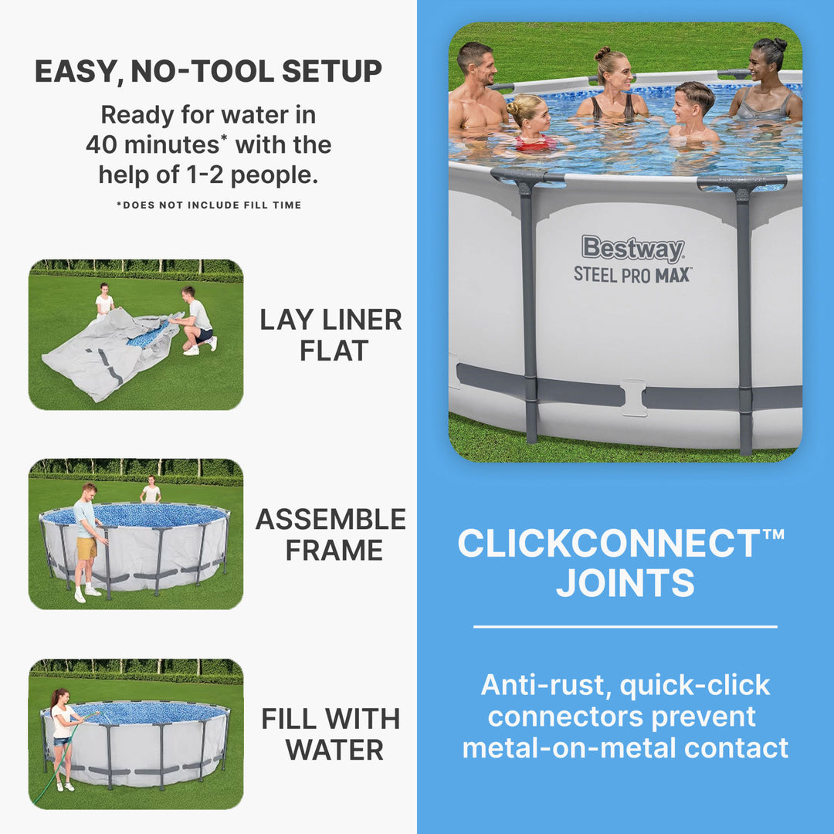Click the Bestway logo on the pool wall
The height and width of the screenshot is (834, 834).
click(632, 249)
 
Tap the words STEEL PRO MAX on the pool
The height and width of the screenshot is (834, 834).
click(632, 274)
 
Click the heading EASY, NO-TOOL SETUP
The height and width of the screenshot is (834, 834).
click(208, 71)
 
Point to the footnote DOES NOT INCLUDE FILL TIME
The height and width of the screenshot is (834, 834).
click(208, 205)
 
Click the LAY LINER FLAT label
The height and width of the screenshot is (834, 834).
click(331, 334)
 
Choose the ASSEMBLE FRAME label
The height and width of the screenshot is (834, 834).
click(331, 534)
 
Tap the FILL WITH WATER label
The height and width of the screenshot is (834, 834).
click(331, 734)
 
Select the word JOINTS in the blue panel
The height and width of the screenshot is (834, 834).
click(625, 583)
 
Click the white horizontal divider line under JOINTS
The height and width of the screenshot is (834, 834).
click(625, 627)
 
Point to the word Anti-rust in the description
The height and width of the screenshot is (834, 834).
click(544, 685)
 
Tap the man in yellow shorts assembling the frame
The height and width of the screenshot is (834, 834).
click(86, 541)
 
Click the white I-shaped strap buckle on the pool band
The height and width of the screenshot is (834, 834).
click(633, 397)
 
